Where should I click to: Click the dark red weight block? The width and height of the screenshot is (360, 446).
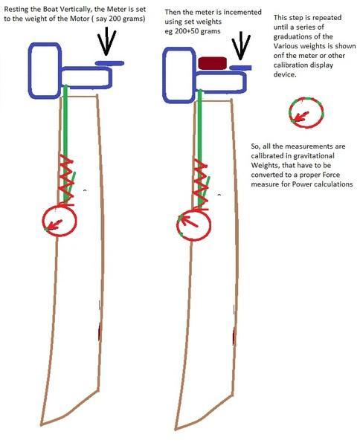point(212,63)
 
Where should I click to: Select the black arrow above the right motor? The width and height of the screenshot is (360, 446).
point(240,45)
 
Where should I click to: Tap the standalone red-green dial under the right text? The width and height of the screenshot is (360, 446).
point(306,98)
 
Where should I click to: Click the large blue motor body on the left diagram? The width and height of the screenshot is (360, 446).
point(30,71)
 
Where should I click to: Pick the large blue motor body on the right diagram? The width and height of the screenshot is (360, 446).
point(164,75)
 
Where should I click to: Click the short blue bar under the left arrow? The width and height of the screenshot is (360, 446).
point(109,63)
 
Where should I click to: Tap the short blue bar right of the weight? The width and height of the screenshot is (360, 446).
point(240,68)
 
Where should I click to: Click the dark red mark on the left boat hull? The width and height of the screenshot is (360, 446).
point(100,332)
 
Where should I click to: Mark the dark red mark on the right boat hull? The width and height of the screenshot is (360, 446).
point(234,336)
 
